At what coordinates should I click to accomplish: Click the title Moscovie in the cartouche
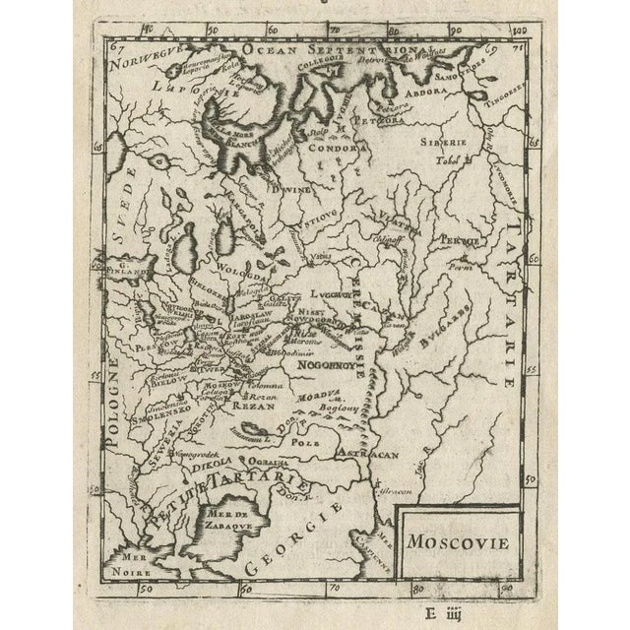point(456,539)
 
